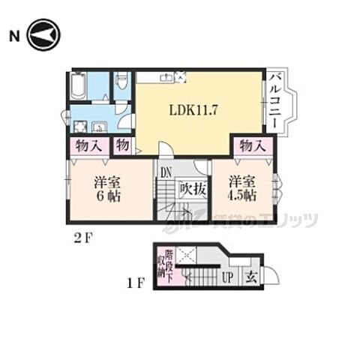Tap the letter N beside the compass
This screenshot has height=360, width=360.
(14, 35)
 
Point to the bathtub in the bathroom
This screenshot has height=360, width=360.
(79, 86)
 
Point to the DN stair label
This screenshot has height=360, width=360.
(165, 172)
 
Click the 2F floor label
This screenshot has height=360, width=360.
(83, 239)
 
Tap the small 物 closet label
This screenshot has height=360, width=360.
(122, 145)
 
